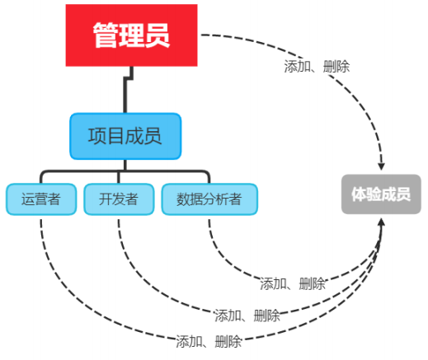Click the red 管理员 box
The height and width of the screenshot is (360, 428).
[x=131, y=35]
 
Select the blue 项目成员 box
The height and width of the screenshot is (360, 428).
[x=125, y=136]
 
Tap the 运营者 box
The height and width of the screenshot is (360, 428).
[x=41, y=199]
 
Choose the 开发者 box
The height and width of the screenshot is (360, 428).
[x=119, y=199]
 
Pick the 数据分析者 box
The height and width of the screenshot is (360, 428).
[x=209, y=199]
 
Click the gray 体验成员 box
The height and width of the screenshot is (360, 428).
[x=381, y=194]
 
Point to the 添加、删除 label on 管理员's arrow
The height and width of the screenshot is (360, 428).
[x=317, y=67]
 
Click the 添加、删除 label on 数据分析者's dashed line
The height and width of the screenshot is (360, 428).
[x=293, y=283]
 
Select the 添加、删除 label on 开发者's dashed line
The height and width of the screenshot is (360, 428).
[x=247, y=316]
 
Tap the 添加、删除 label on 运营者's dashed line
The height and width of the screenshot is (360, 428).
[x=209, y=342]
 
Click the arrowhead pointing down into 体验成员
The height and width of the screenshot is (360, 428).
[x=381, y=166]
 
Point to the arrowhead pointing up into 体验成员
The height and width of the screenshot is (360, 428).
[x=381, y=222]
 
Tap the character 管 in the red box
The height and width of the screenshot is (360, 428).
[x=106, y=35]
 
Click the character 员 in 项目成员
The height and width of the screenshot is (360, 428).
[x=152, y=136]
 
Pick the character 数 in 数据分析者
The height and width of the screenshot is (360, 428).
[x=183, y=199]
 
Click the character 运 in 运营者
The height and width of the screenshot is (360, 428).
[x=28, y=199]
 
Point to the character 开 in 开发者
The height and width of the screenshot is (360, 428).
[x=106, y=199]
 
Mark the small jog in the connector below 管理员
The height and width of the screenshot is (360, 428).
[x=129, y=78]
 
